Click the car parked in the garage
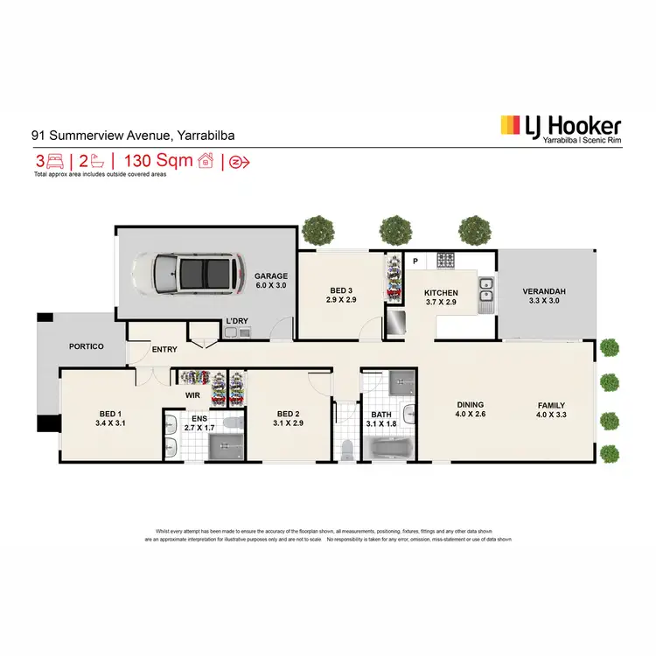[x=185, y=273]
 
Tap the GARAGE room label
[x=271, y=276]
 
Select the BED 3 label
[x=341, y=290]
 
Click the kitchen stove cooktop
[x=445, y=259]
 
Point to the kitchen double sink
[x=486, y=296]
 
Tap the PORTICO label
[x=87, y=346]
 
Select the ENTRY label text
[x=164, y=350]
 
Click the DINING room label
[x=471, y=405]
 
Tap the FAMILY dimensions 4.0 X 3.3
[x=552, y=415]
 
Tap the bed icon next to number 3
[x=55, y=161]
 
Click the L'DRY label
[x=238, y=322]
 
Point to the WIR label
[x=192, y=395]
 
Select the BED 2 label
[x=289, y=414]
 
